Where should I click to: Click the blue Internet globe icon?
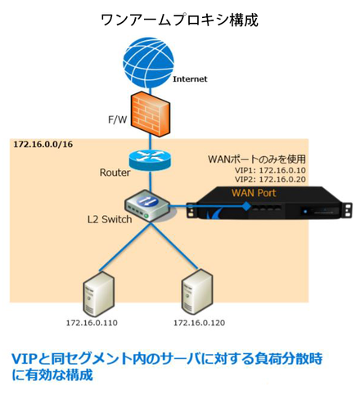[x=148, y=62]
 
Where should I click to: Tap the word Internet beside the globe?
[x=190, y=79]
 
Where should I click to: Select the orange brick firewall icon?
[x=150, y=114]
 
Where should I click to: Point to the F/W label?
[x=118, y=119]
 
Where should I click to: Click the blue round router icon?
[x=150, y=159]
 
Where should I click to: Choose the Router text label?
[x=115, y=173]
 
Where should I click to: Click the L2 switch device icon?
[x=147, y=205]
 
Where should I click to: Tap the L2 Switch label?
[x=110, y=219]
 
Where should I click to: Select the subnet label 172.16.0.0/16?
[x=43, y=144]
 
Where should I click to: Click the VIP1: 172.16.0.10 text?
[x=270, y=170]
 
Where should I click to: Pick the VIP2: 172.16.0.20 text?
[x=270, y=179]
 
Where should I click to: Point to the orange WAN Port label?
[x=254, y=193]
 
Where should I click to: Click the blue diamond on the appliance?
[x=246, y=206]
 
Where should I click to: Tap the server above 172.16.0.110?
[x=98, y=294]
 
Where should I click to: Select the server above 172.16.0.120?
[x=197, y=292]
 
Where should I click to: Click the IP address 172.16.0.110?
[x=92, y=323]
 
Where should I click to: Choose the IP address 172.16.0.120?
[x=199, y=323]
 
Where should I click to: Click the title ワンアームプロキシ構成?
[x=179, y=20]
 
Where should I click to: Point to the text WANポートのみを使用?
[x=257, y=159]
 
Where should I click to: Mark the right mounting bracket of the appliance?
[x=347, y=210]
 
